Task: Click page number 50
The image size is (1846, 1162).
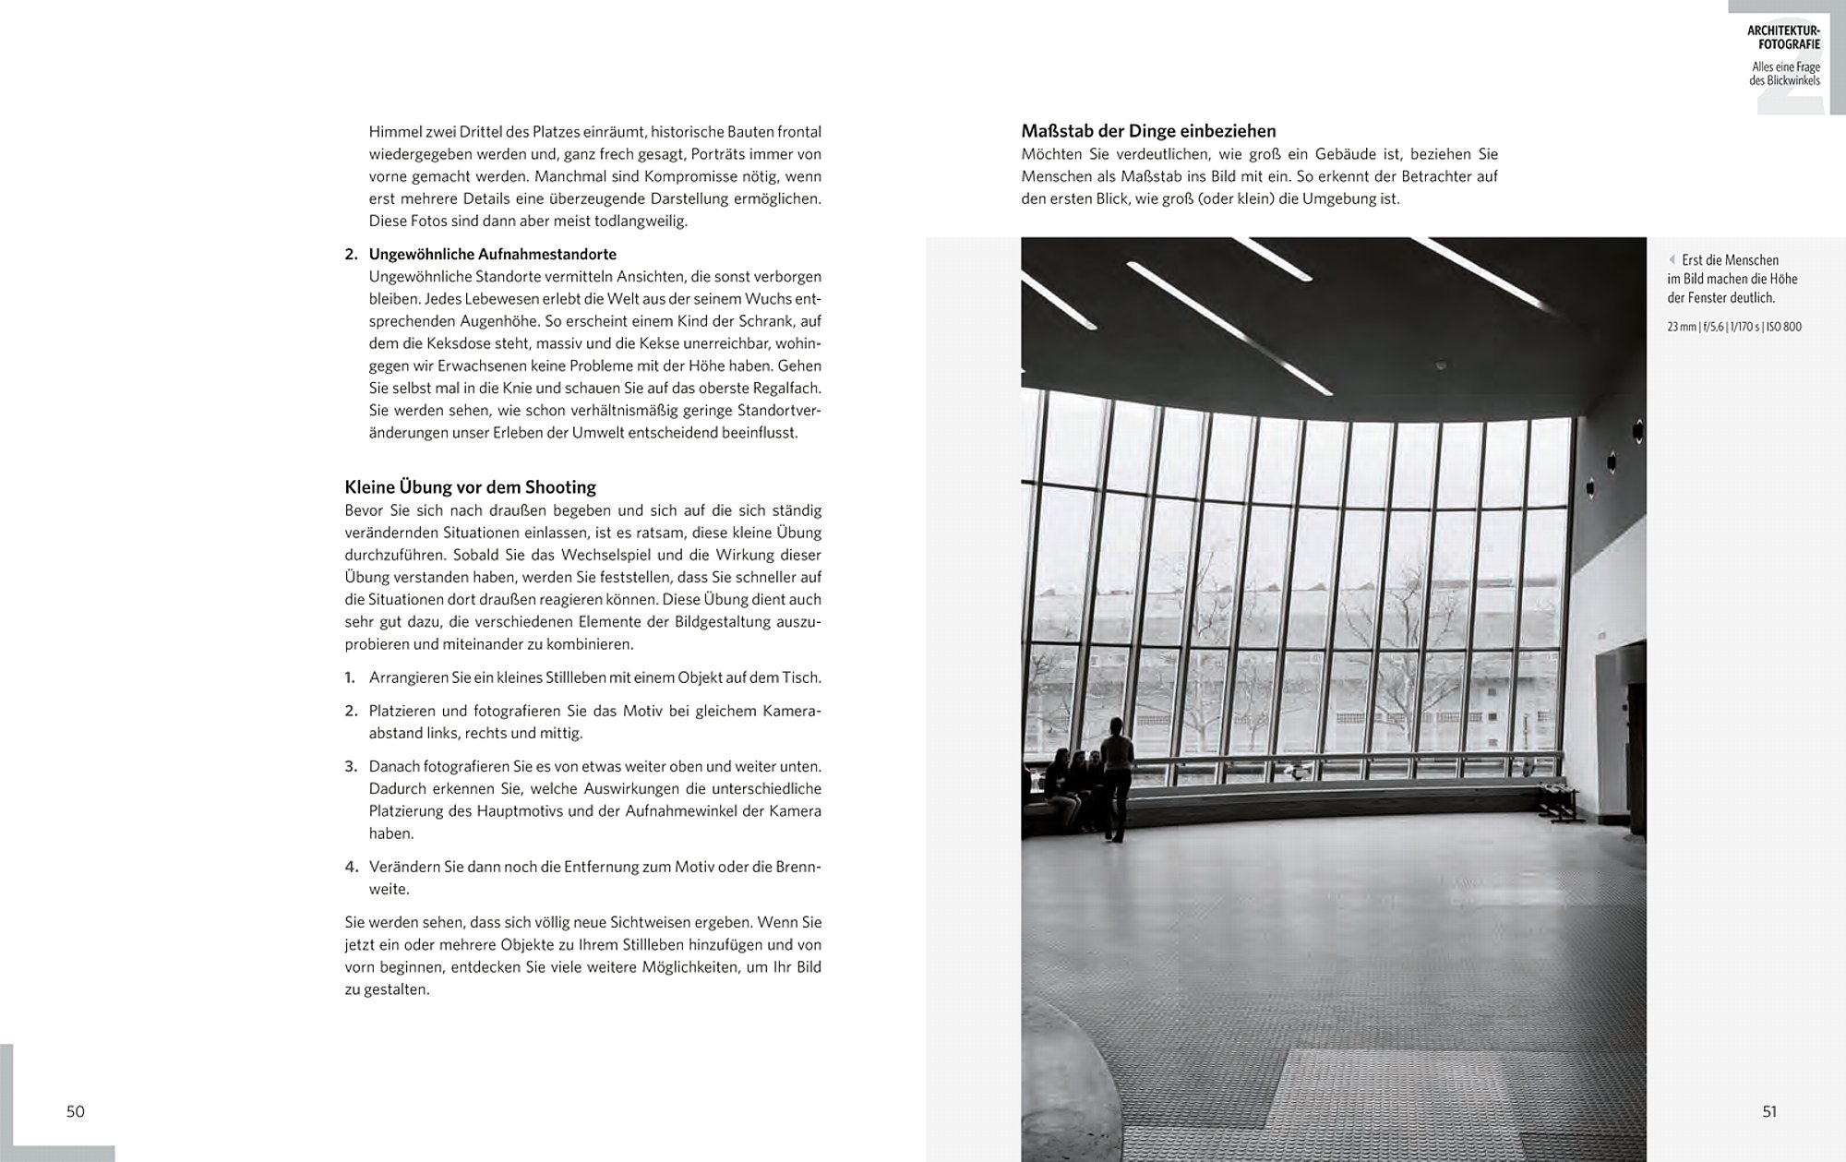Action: click(x=76, y=1111)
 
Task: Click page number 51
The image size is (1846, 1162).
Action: click(x=1769, y=1111)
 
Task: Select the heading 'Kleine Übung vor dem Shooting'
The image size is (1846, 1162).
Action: click(x=470, y=487)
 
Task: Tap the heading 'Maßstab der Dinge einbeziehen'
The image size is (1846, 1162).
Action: click(x=1148, y=131)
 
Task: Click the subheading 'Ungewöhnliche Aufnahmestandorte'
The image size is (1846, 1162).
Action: click(x=492, y=254)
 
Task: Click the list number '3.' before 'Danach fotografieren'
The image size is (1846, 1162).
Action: click(x=351, y=767)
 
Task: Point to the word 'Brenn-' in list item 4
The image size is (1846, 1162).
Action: click(x=798, y=868)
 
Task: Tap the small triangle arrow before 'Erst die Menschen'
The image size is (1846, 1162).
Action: click(x=1672, y=260)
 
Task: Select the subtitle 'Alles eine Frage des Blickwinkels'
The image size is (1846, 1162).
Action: click(x=1785, y=74)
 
